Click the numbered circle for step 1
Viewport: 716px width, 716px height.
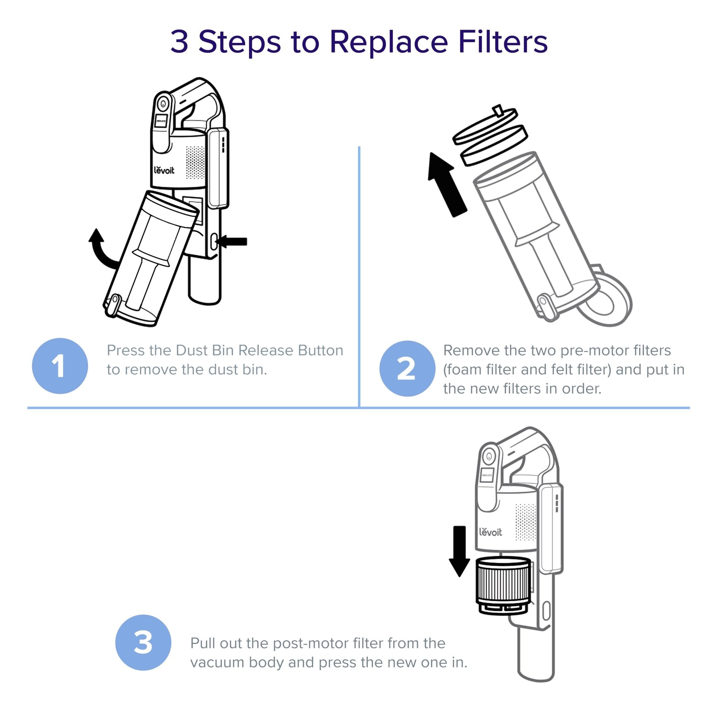60,366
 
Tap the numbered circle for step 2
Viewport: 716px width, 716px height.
407,368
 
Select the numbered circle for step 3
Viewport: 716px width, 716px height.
143,642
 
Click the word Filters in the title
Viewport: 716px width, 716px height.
502,42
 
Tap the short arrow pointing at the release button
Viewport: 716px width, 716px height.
233,242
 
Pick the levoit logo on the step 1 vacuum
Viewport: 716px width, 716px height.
164,171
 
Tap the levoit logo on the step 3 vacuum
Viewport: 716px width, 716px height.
490,532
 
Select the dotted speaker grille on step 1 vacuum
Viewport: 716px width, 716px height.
195,162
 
